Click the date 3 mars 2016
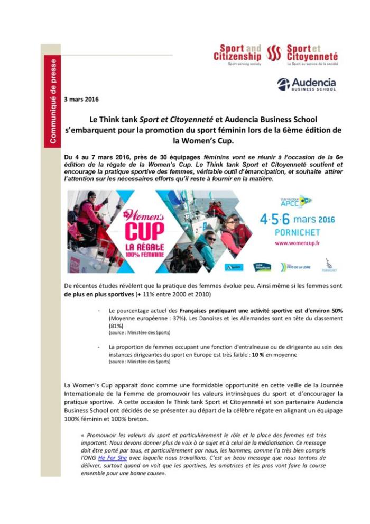(x=81, y=99)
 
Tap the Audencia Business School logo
(x=306, y=84)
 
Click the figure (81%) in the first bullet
(x=116, y=326)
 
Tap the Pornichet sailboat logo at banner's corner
(x=329, y=265)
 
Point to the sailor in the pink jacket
(x=89, y=212)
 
